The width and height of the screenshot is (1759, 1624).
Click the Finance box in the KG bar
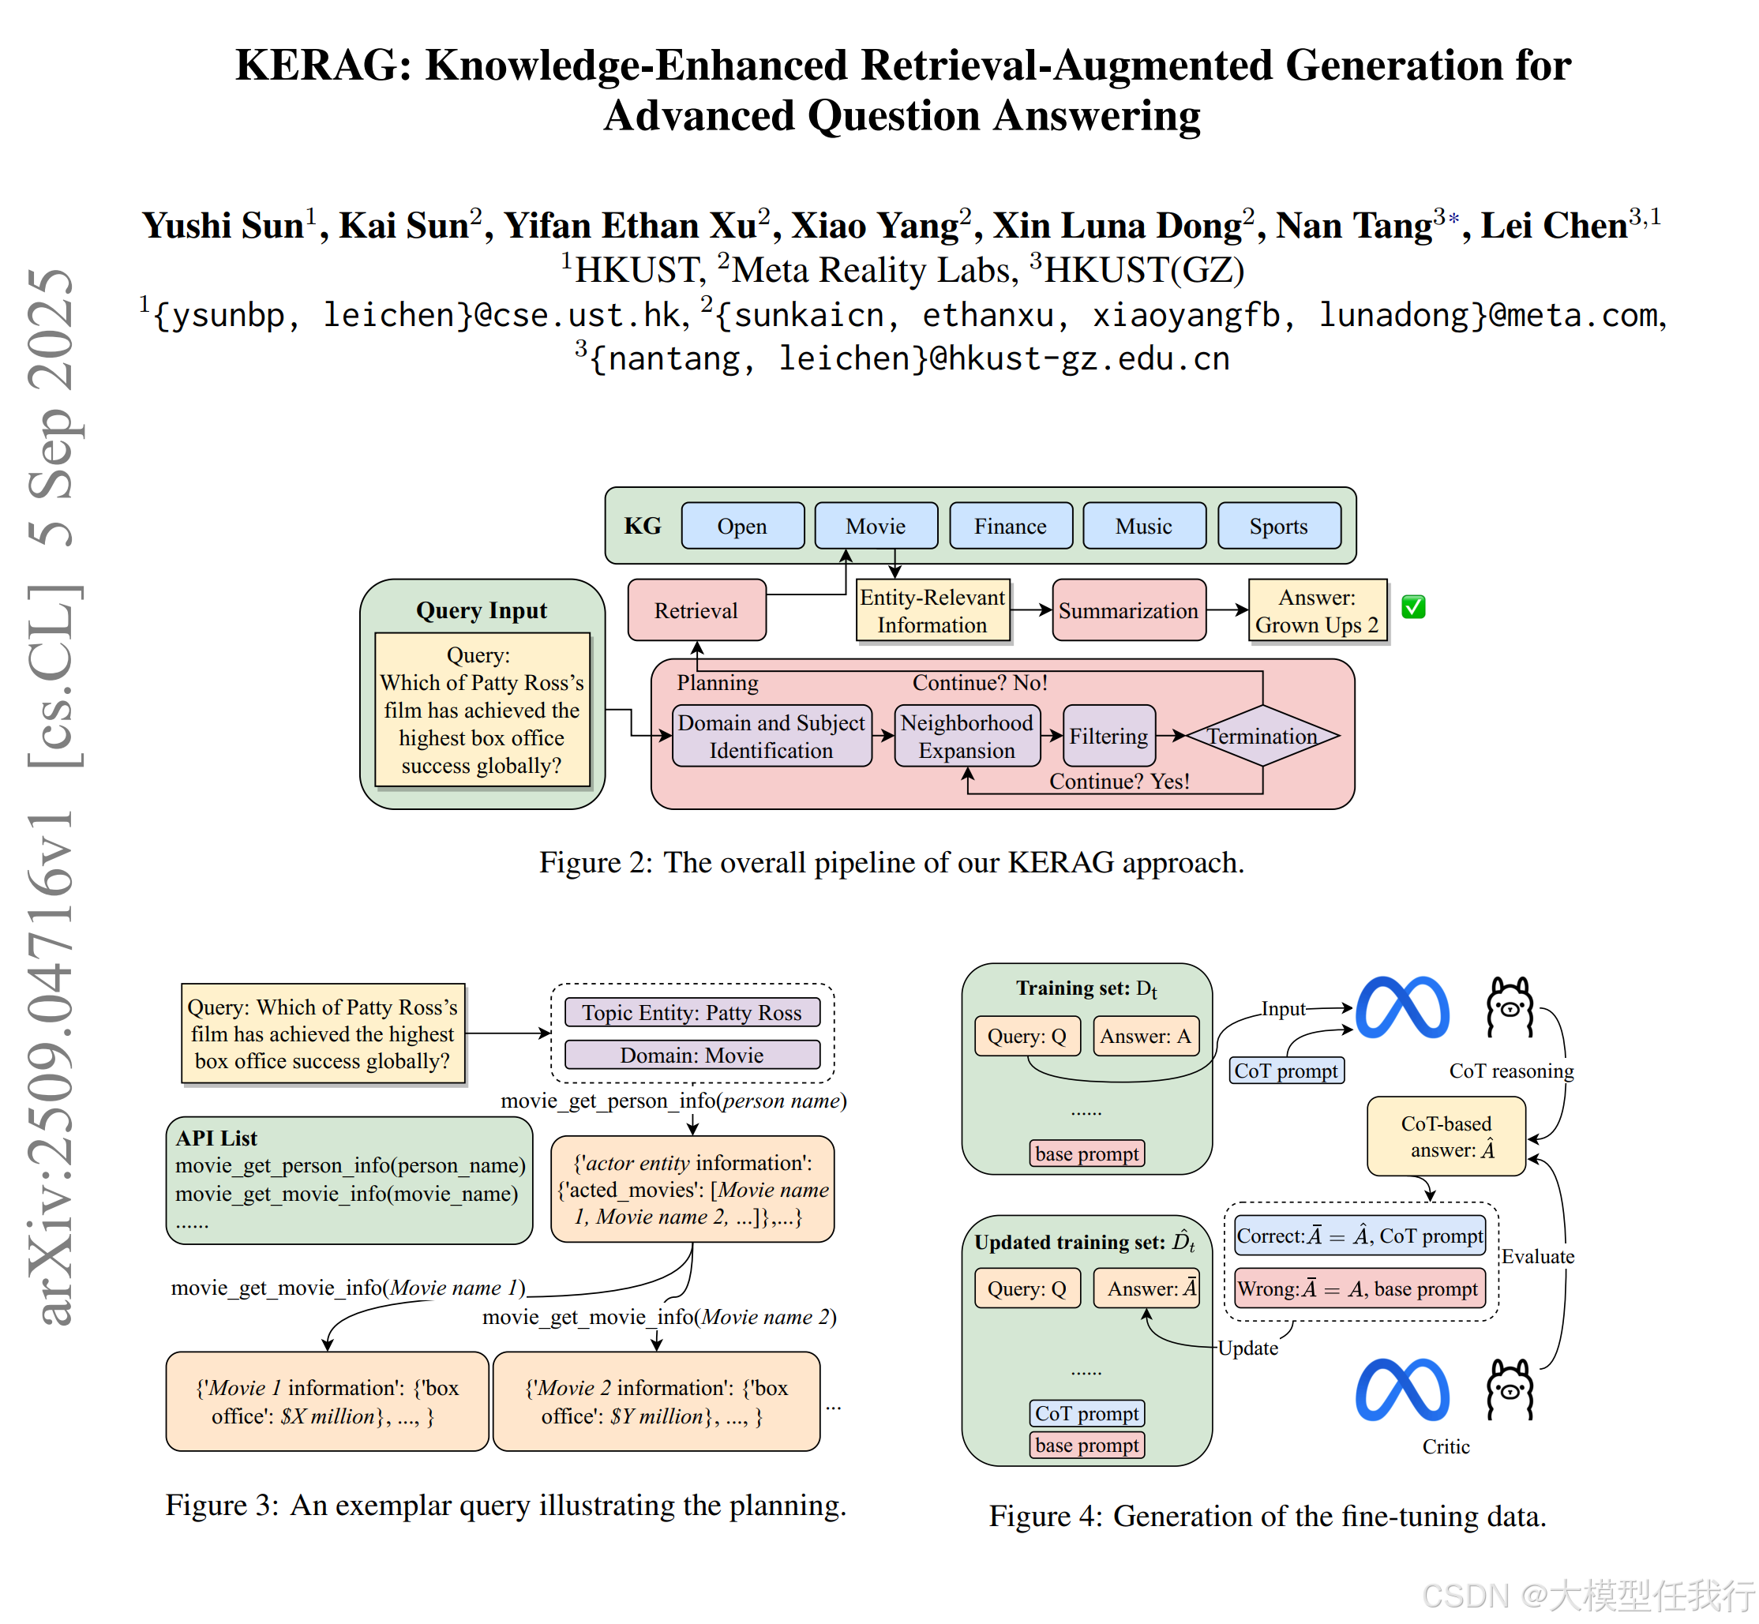1011,526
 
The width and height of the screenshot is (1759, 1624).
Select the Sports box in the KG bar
1278,526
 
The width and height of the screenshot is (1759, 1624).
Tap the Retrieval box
696,609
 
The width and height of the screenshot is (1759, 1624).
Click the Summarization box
1128,609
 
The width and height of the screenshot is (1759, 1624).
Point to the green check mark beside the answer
1413,606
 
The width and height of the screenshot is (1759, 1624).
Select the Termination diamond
1262,736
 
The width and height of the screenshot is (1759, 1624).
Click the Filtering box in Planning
1108,736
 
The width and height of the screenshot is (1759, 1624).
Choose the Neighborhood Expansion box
966,736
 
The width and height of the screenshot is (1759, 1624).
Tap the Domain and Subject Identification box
771,736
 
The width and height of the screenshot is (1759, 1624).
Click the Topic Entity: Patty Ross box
692,1012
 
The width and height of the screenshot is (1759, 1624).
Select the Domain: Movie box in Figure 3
692,1055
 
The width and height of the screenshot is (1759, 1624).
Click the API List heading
216,1137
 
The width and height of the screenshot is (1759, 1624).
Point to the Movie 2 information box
655,1401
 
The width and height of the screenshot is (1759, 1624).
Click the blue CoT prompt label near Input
1285,1071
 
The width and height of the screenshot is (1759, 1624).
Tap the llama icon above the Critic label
1509,1390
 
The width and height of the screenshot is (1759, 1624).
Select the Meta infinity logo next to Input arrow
1402,1008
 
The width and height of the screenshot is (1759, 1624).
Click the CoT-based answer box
1446,1135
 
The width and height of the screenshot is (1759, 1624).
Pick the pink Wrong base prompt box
1359,1288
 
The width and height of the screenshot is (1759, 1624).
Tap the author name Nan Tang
1353,226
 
